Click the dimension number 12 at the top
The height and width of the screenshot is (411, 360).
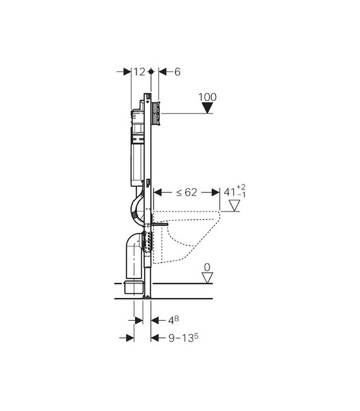139,71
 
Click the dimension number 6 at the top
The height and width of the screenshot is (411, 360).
177,72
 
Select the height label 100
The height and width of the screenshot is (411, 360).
207,97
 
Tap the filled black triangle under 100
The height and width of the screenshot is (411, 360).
207,108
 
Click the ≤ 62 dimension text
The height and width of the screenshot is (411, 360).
186,193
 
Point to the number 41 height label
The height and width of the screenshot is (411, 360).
230,192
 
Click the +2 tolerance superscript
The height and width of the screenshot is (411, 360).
241,187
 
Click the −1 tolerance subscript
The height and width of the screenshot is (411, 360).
241,194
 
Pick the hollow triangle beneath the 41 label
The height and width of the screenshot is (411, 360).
234,206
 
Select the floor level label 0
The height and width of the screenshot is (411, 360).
207,267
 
